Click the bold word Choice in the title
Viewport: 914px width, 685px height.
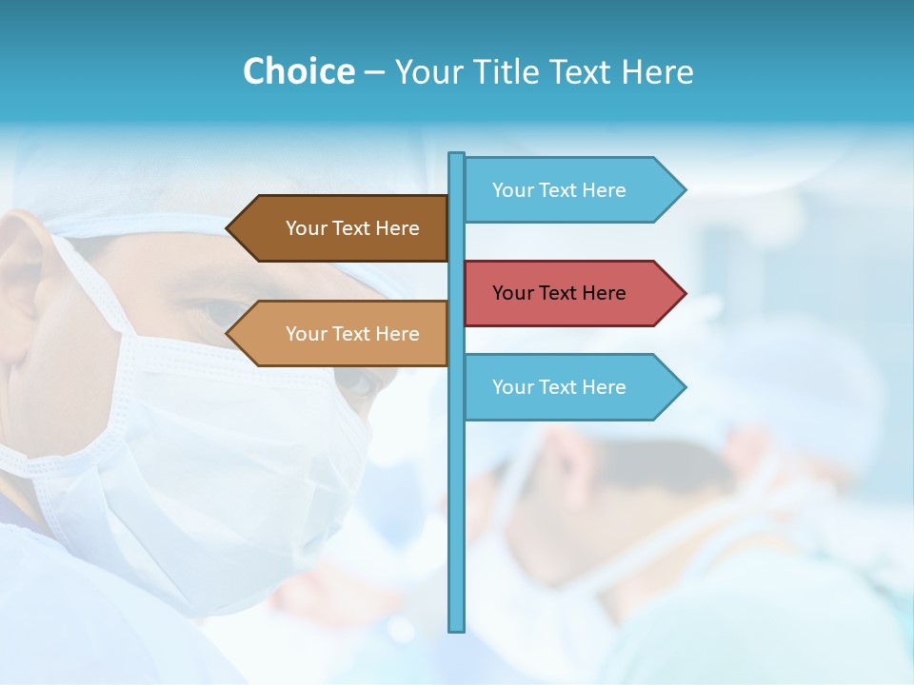298,71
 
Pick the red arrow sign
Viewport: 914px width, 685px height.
571,293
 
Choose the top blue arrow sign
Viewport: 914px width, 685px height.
571,190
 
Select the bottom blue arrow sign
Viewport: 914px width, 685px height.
571,387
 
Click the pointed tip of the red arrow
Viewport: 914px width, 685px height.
684,293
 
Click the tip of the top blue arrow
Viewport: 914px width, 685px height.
684,190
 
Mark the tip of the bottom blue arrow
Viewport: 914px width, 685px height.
684,387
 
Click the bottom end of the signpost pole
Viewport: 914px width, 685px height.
457,628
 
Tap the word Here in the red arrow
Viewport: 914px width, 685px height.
604,293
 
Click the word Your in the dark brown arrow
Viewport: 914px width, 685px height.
305,228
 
